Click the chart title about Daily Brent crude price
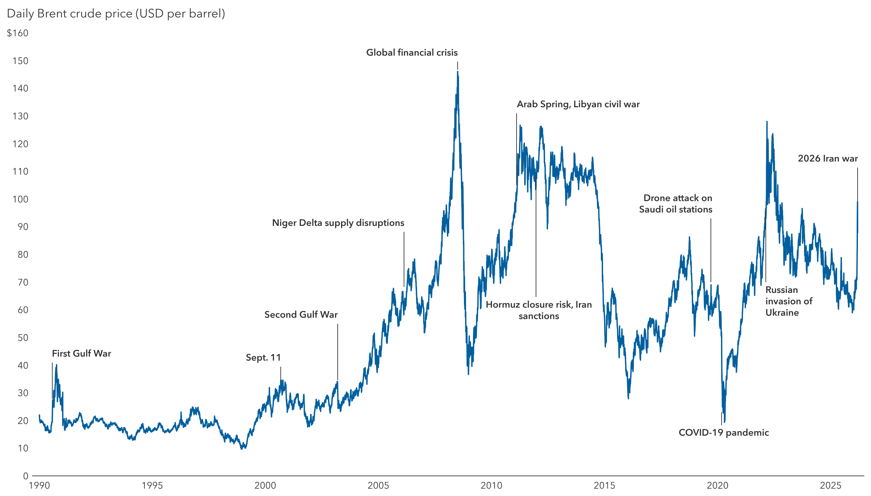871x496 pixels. click(x=116, y=14)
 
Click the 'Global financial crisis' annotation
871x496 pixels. click(x=412, y=53)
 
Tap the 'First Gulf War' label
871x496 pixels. click(x=81, y=354)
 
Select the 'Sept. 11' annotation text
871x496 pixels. click(x=263, y=358)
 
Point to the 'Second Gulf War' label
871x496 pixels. click(x=301, y=315)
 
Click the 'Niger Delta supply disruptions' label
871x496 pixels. click(x=338, y=223)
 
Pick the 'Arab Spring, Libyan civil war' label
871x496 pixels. click(x=578, y=104)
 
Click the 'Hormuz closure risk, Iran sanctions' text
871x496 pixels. click(x=539, y=310)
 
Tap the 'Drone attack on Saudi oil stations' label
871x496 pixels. click(x=676, y=204)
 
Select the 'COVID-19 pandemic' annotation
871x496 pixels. click(x=724, y=433)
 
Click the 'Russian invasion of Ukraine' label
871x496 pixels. click(x=788, y=301)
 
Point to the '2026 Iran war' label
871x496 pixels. click(x=827, y=159)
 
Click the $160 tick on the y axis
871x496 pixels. click(x=18, y=33)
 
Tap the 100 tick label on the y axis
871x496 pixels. click(x=20, y=199)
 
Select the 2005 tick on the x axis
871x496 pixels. click(x=378, y=485)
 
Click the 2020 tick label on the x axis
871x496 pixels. click(x=717, y=485)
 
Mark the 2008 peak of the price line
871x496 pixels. click(x=458, y=72)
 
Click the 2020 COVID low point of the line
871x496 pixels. click(x=724, y=422)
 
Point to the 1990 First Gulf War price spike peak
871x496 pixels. click(x=57, y=365)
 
